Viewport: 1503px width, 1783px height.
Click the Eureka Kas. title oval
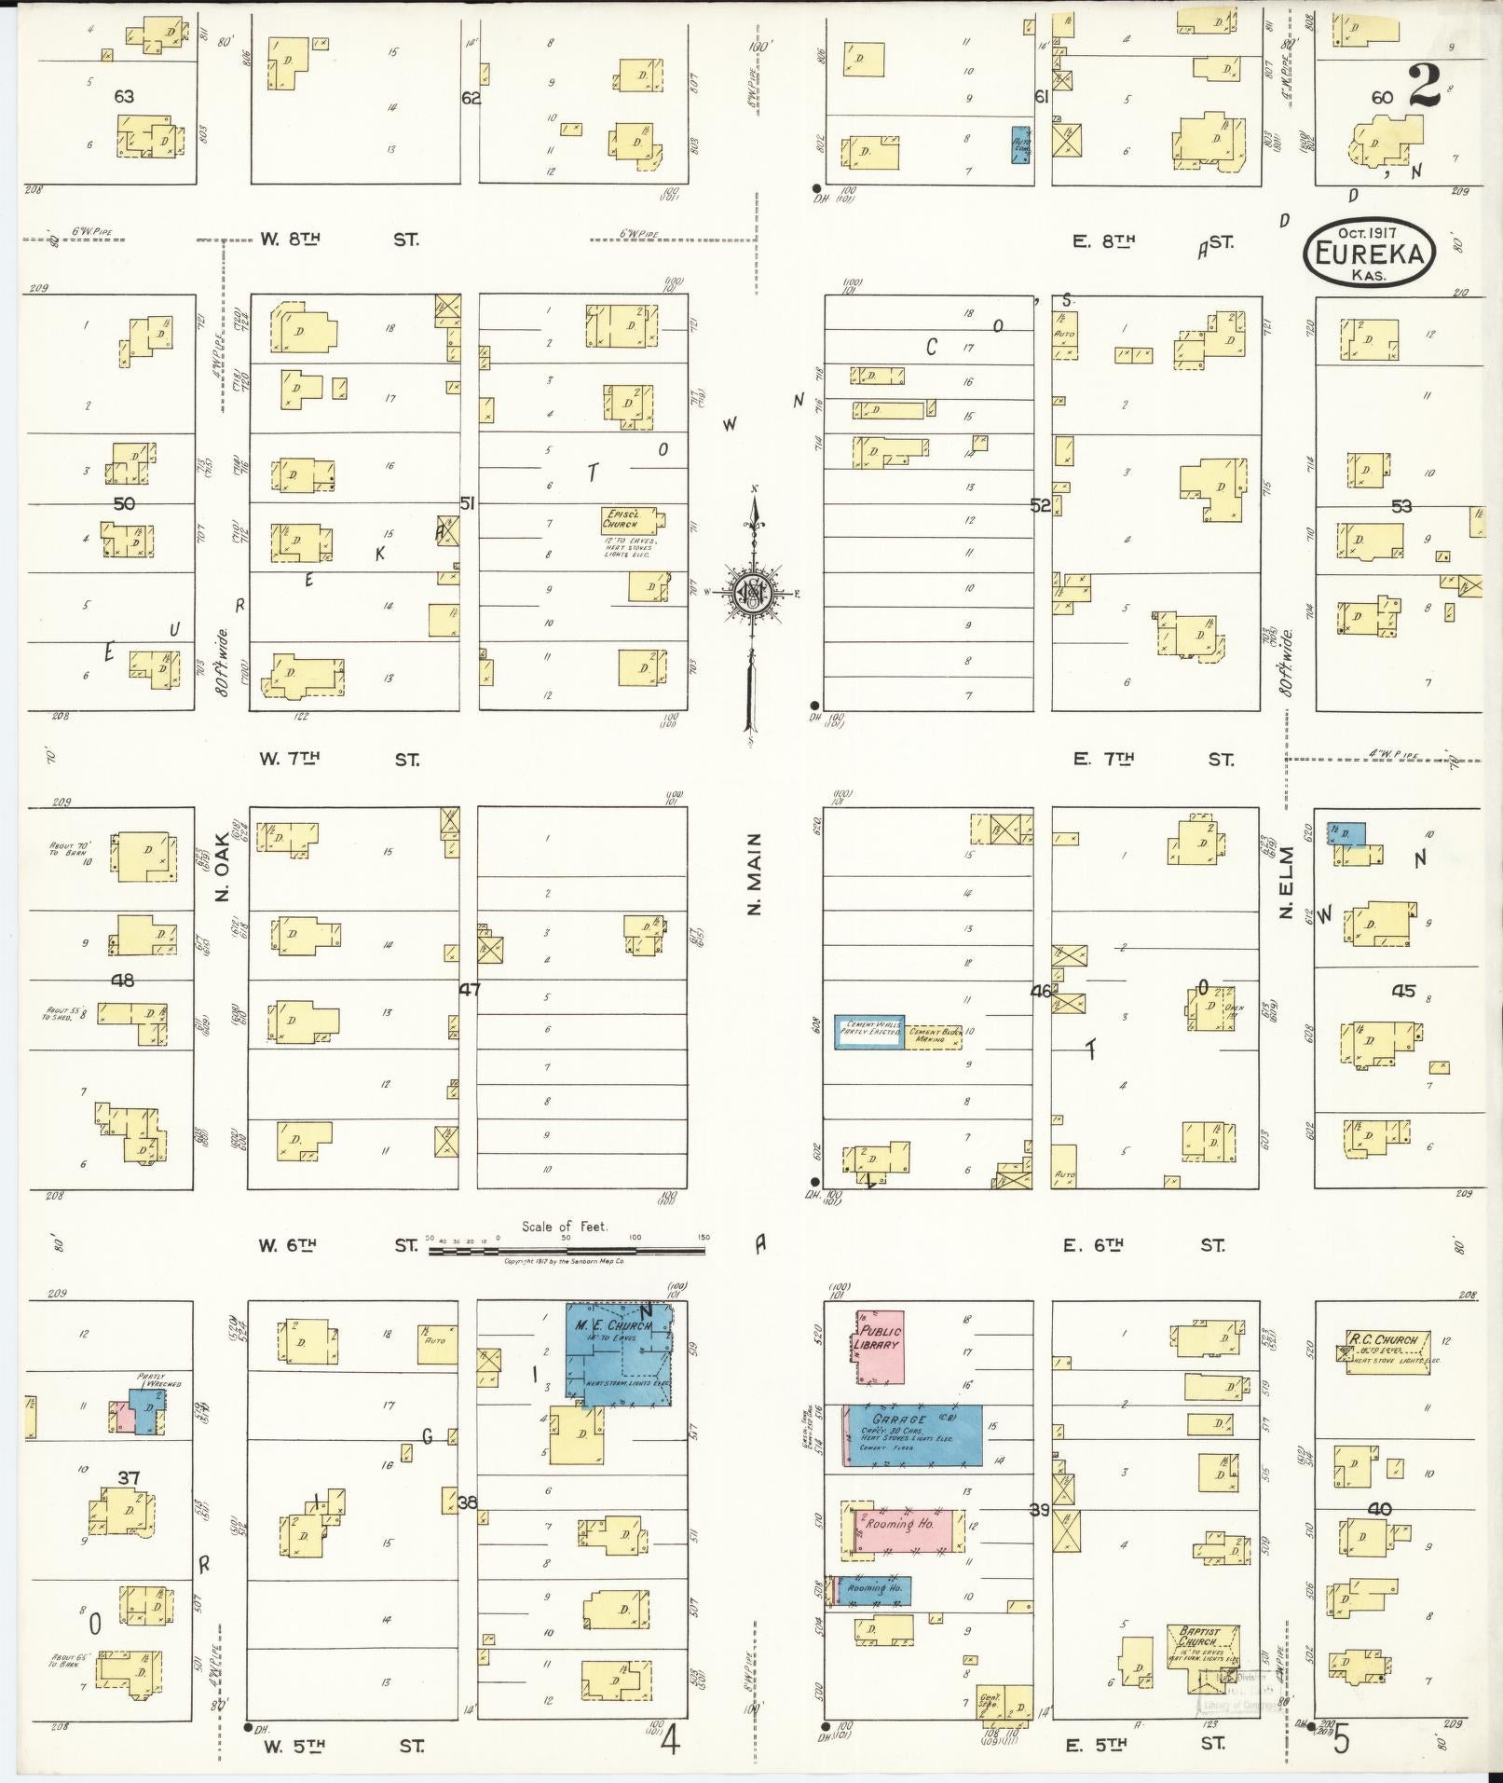[1368, 252]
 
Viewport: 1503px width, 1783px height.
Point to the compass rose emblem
[753, 593]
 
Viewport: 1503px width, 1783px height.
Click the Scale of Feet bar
[568, 1250]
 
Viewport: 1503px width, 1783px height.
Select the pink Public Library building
[880, 1345]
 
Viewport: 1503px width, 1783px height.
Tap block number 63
[124, 96]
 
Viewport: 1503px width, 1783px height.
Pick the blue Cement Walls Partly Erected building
[868, 1032]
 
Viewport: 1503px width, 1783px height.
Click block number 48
[122, 980]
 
